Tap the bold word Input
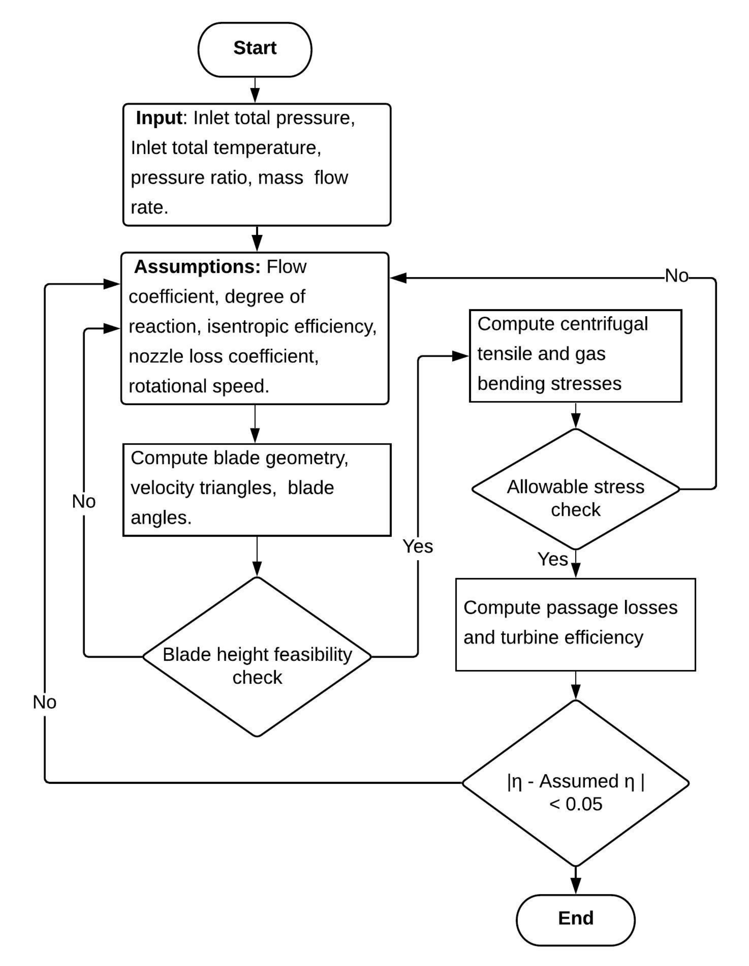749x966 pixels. (159, 118)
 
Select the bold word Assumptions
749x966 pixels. (197, 267)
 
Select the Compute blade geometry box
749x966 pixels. (257, 489)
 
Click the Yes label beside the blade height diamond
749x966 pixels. (417, 547)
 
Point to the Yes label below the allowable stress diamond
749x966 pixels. (552, 559)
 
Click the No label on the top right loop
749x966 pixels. (677, 276)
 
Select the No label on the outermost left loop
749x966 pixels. (45, 702)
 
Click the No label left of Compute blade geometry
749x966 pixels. (84, 502)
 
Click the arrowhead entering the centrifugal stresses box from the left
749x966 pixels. (460, 356)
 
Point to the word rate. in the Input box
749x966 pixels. (149, 207)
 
